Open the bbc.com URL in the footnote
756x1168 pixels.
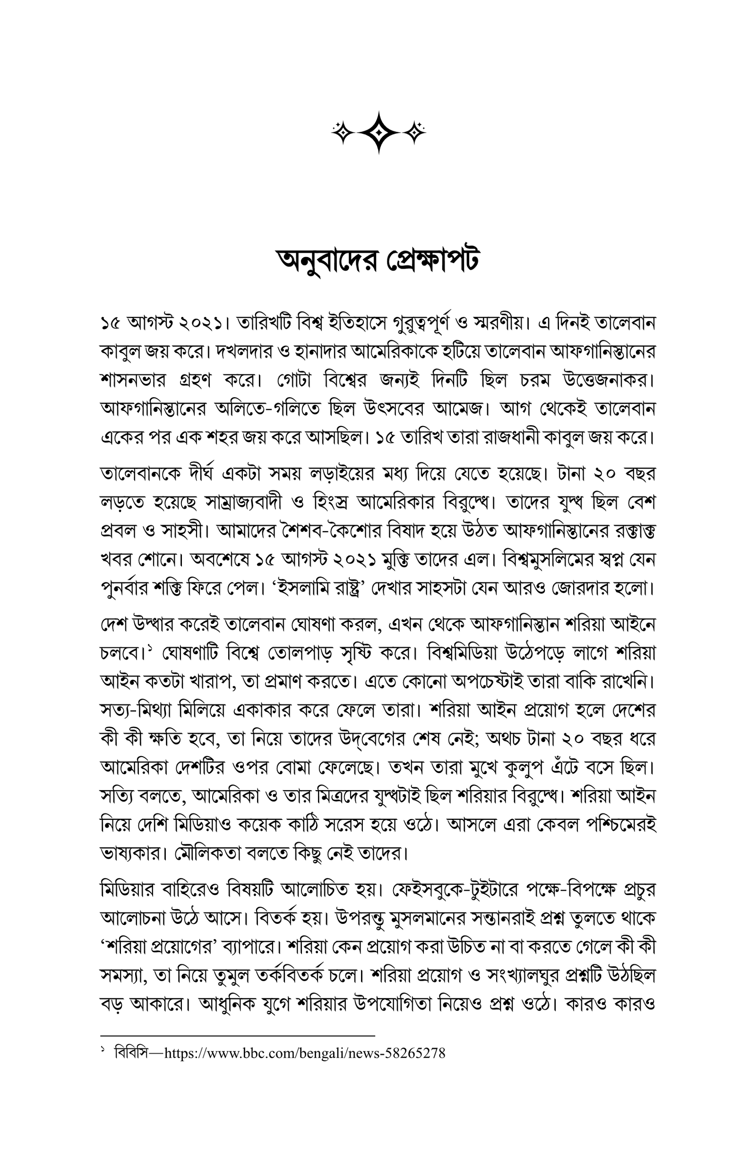click(305, 1053)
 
